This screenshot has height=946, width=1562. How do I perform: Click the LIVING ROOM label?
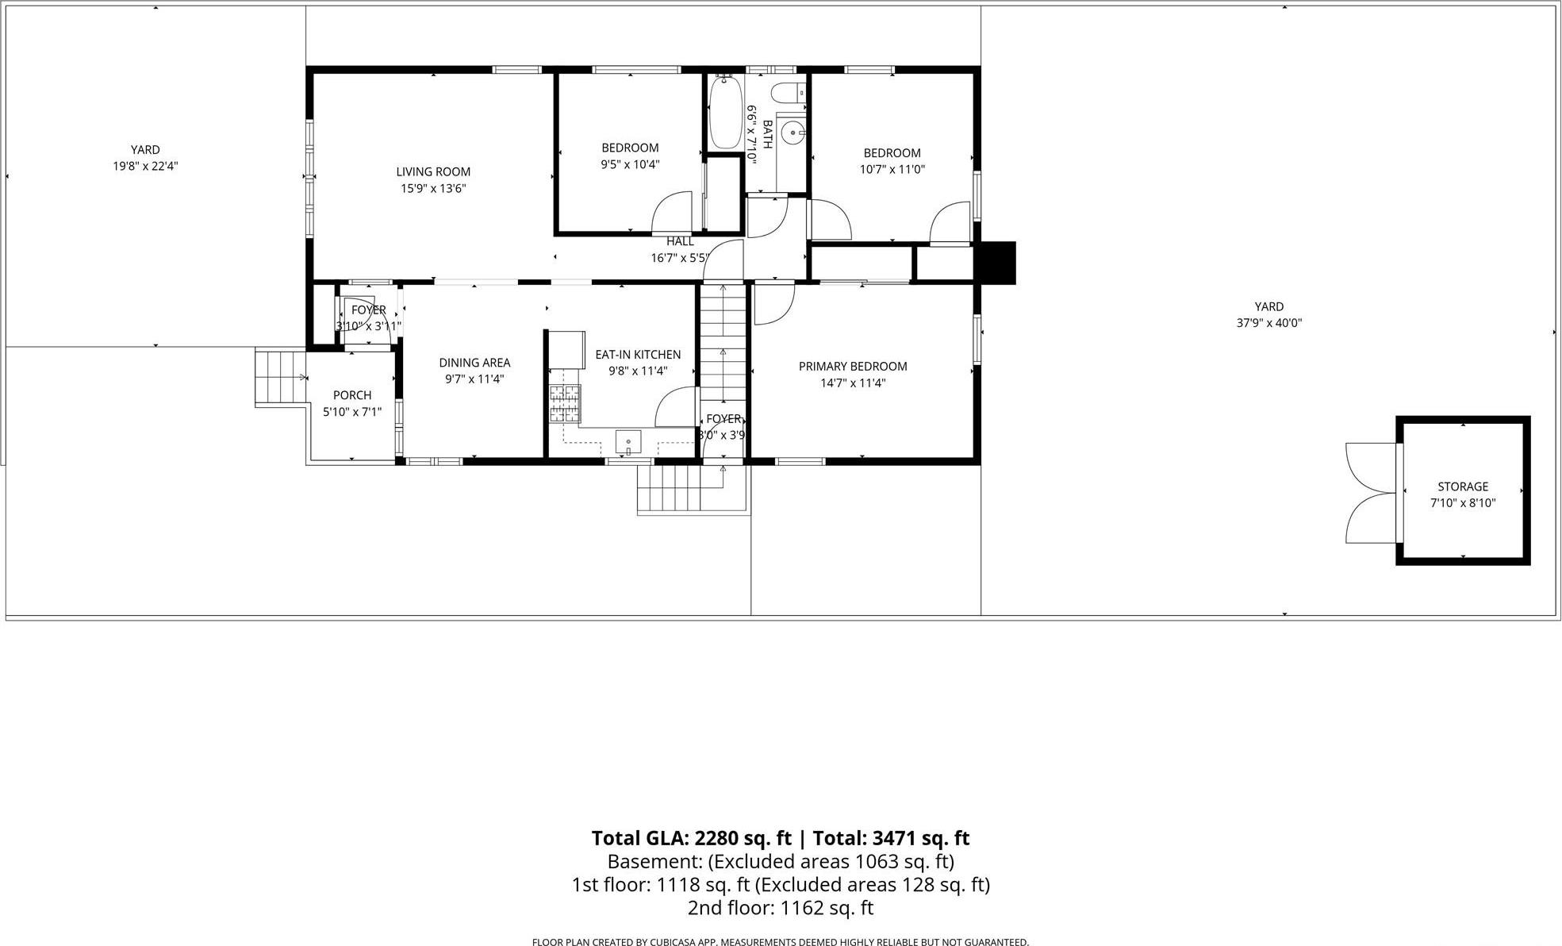tap(433, 171)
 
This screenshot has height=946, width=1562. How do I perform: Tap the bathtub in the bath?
tap(724, 113)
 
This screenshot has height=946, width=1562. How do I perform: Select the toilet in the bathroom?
tap(787, 93)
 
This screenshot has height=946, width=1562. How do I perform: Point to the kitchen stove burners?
tap(565, 403)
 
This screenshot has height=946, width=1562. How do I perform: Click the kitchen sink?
tap(628, 440)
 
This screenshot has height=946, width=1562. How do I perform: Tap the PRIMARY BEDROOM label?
tap(853, 367)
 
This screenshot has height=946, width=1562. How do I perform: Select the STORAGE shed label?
tap(1463, 486)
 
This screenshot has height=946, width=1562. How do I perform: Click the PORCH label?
tap(352, 395)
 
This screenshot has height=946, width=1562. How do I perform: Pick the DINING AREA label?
tap(474, 363)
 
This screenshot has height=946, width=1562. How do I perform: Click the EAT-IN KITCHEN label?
tap(638, 355)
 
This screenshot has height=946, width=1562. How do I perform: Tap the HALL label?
tap(680, 241)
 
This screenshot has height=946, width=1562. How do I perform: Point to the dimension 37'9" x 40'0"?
tap(1269, 323)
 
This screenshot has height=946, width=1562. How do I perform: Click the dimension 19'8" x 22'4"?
tap(145, 167)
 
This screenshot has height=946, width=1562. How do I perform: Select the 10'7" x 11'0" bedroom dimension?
tap(892, 169)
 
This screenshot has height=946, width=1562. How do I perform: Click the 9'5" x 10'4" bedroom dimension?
tap(630, 164)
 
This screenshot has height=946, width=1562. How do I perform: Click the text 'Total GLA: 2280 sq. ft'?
tap(691, 838)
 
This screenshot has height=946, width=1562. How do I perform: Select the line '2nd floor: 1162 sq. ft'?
tap(780, 908)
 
